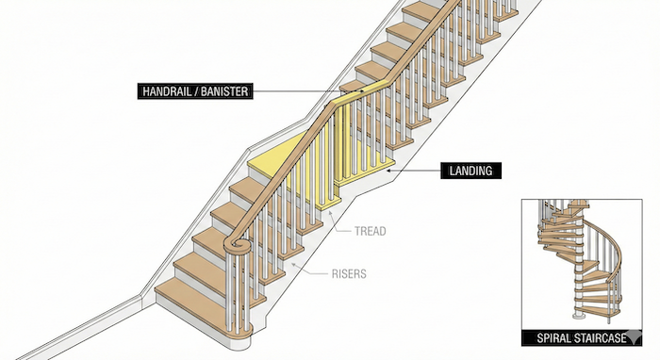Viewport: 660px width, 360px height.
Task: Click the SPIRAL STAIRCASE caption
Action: pyautogui.click(x=573, y=337)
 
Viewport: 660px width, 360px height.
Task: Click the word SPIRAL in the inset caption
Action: pyautogui.click(x=550, y=337)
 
